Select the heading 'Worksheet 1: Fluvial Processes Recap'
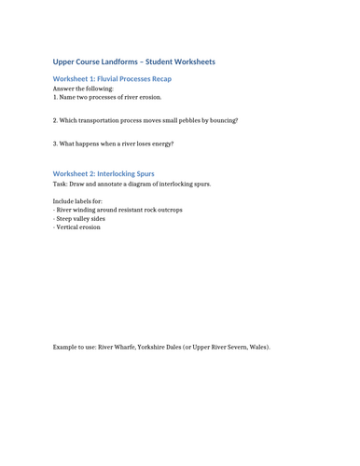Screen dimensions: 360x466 click(112, 78)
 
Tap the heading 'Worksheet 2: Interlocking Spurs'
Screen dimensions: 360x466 click(104, 173)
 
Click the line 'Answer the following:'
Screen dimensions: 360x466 click(83, 89)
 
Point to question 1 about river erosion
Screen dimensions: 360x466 click(107, 97)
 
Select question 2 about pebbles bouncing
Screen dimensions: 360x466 click(145, 120)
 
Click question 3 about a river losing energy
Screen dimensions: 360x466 click(113, 144)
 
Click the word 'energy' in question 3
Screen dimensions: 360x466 click(160, 144)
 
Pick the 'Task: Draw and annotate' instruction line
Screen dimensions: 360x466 click(132, 184)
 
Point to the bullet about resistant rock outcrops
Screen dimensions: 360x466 click(118, 210)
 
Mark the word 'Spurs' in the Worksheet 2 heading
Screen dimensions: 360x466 click(143, 173)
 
